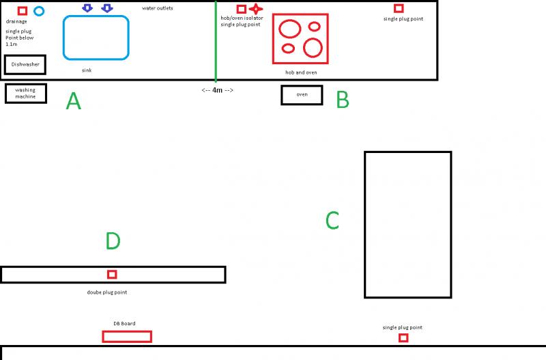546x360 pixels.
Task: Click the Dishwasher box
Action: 25,64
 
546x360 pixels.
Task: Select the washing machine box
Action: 25,93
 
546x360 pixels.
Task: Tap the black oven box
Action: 302,95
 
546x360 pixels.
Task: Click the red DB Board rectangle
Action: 127,336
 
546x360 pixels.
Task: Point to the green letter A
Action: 74,102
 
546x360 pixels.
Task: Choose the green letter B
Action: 343,100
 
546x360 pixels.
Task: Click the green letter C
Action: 332,220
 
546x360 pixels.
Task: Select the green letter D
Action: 113,241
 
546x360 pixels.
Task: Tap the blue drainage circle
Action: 39,11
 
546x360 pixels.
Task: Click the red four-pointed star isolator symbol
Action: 256,9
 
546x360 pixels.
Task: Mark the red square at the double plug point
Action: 112,275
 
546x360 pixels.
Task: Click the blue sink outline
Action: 96,37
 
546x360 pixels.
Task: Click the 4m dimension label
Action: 218,90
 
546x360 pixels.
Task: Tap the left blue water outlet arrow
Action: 87,8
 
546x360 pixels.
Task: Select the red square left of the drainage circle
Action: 23,10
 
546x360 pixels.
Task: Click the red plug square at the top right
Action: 399,8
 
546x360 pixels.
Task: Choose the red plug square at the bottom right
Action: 403,337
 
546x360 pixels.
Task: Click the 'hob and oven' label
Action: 301,72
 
